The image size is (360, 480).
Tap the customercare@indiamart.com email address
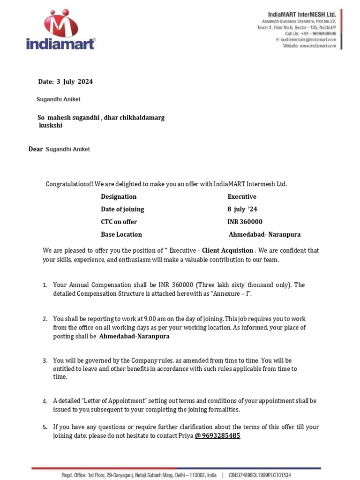[x=308, y=40]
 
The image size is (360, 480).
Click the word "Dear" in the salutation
[x=36, y=149]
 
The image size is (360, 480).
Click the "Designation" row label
[x=119, y=196]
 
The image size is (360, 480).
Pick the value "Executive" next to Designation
[x=242, y=196]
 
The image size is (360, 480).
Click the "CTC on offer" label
[x=119, y=222]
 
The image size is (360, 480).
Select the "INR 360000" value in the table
[x=245, y=222]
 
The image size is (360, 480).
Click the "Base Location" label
[x=121, y=234]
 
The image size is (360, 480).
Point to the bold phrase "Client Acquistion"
[x=227, y=250]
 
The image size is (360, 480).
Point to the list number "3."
[x=45, y=361]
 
